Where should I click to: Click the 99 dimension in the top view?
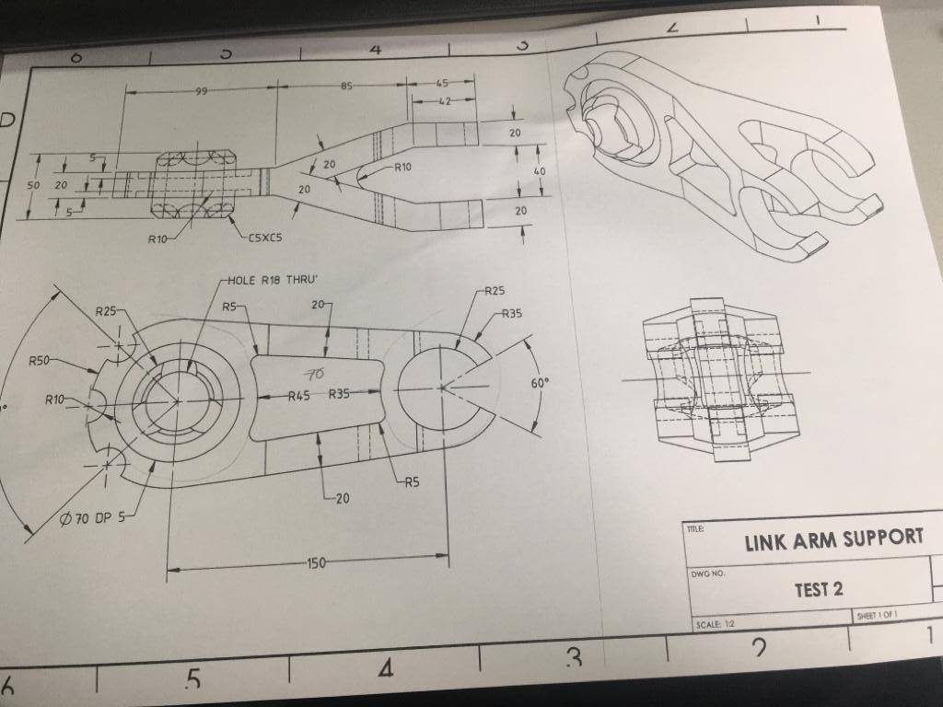point(200,91)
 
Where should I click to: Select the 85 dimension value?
point(347,87)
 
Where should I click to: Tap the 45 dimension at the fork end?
point(443,85)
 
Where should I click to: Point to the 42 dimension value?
point(443,101)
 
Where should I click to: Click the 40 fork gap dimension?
point(540,171)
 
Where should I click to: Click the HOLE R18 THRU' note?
point(271,281)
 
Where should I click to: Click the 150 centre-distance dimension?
point(315,562)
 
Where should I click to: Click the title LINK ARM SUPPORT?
point(833,539)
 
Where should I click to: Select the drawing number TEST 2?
point(819,589)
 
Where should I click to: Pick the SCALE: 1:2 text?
point(716,623)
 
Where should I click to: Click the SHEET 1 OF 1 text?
point(877,615)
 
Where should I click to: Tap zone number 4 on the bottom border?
point(385,670)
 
